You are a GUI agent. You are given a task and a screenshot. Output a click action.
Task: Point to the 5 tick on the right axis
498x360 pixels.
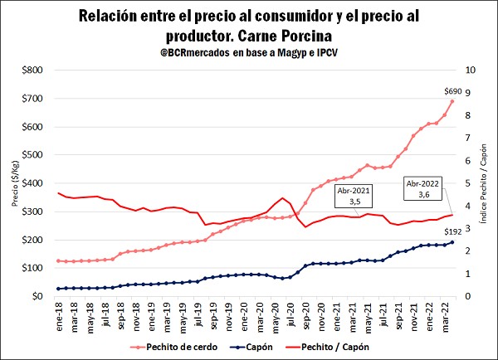click(x=471, y=183)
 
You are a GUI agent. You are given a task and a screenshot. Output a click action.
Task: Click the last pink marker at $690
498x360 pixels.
click(x=452, y=101)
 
